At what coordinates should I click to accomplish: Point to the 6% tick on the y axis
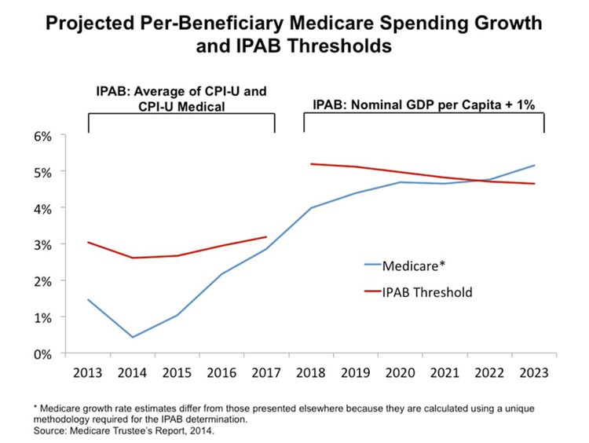42,136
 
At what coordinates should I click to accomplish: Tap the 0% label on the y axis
42,353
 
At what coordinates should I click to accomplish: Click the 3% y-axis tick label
42,245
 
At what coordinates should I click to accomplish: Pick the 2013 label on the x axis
88,372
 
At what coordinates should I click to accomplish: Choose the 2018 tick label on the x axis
312,372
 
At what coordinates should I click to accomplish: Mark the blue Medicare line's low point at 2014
133,337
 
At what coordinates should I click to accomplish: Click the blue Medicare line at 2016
222,274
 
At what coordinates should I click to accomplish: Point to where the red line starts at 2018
312,164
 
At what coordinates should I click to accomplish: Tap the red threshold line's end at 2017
266,236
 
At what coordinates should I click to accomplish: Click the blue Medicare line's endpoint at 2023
535,166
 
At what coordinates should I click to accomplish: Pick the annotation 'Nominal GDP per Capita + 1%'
424,104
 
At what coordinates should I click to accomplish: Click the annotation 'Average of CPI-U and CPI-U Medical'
181,97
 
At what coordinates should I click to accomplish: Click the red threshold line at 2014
133,258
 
